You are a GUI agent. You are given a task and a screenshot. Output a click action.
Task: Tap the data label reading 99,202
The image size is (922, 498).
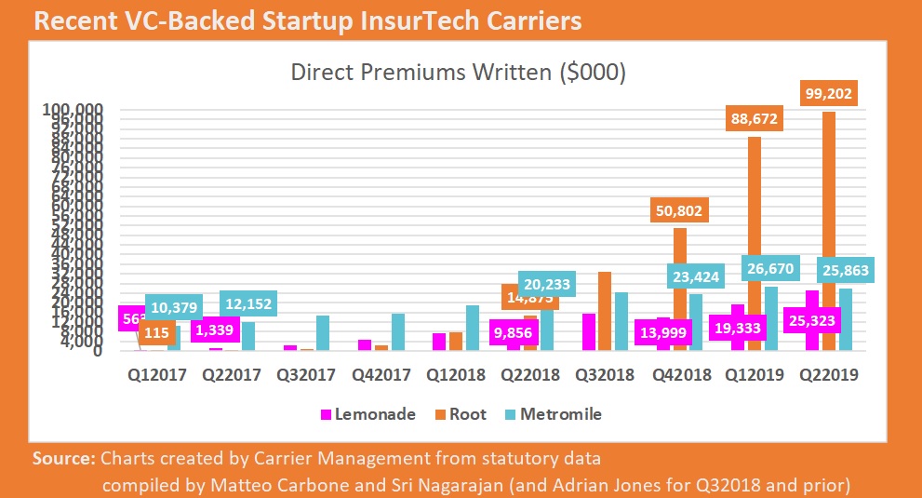coord(828,94)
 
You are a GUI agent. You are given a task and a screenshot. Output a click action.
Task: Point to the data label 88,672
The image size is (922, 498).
coord(754,119)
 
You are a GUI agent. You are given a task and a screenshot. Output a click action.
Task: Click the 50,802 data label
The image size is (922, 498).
coord(680,210)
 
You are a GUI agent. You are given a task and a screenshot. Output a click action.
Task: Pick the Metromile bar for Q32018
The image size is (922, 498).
coord(621,321)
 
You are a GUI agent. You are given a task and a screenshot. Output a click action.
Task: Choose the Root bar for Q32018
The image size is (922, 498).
coord(605,311)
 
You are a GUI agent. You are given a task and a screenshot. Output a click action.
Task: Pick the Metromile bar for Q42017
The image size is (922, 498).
coord(398,332)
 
